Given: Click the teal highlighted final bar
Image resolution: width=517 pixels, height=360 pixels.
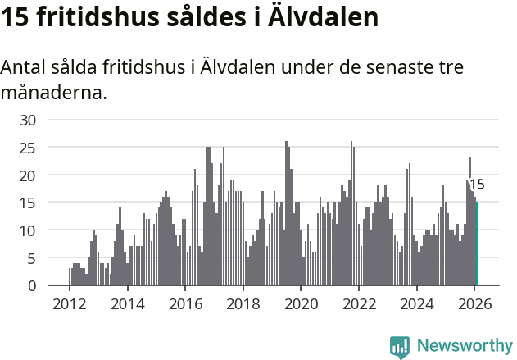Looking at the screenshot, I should [x=477, y=244].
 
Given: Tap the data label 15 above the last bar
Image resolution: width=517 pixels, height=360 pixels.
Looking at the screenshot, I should [x=476, y=185].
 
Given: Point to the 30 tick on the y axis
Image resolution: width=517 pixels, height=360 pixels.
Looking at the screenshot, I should [x=28, y=120].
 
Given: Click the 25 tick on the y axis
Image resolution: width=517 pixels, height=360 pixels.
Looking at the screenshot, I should [x=28, y=148].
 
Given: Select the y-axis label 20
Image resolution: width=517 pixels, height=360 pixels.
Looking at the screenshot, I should [x=28, y=175].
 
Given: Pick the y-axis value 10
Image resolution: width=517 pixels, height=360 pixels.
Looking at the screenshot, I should [x=28, y=230].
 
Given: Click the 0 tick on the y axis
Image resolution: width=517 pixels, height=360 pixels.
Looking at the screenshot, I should [x=32, y=286].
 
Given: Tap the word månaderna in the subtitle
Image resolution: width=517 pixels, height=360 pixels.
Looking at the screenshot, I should [x=53, y=93].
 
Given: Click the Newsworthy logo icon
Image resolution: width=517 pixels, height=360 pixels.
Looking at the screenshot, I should [x=400, y=346].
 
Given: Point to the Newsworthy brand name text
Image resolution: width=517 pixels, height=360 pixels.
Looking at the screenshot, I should [x=464, y=346].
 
